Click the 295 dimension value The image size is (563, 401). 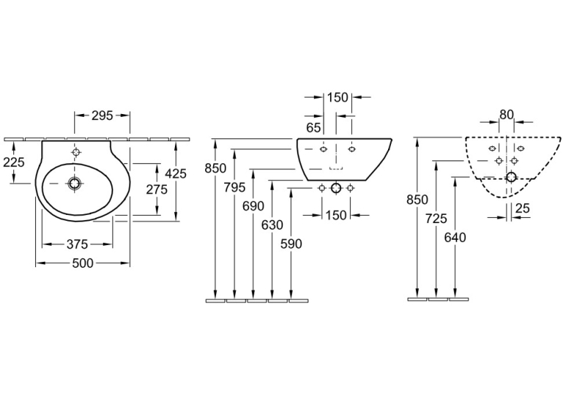click(102, 116)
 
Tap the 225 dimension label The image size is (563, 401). click(14, 163)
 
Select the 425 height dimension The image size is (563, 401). click(176, 174)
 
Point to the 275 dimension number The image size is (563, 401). click(157, 189)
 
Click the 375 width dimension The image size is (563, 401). click(77, 245)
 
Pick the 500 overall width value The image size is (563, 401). click(82, 263)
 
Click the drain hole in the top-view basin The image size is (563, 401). click(75, 184)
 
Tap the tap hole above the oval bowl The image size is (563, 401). click(76, 152)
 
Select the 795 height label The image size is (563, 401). click(234, 187)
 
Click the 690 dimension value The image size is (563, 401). click(254, 206)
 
